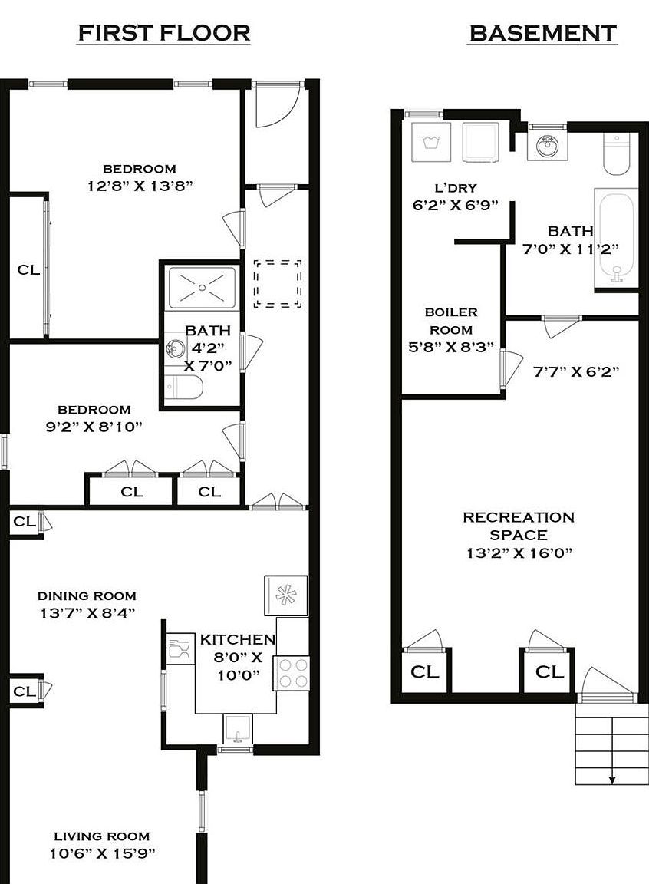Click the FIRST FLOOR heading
click(x=164, y=33)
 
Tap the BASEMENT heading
click(x=542, y=34)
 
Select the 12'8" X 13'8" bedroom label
click(x=140, y=185)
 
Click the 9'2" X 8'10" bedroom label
click(x=94, y=425)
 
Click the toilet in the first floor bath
click(x=184, y=389)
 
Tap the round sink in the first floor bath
click(x=174, y=350)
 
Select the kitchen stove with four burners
click(x=292, y=673)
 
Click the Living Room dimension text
click(x=101, y=853)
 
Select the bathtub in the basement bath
click(x=616, y=239)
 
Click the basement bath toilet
click(x=618, y=154)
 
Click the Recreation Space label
click(x=519, y=526)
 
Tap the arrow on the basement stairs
click(x=612, y=778)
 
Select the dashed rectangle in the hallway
click(x=278, y=284)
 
